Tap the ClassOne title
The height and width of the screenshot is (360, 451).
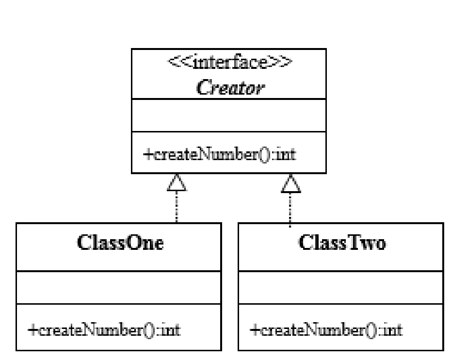tap(120, 243)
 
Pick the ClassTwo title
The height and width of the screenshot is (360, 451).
tap(342, 243)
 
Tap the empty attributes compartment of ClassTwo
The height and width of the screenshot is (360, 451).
tap(341, 288)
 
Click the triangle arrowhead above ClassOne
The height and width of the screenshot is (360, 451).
tap(177, 183)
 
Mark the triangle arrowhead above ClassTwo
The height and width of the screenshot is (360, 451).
tap(291, 183)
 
